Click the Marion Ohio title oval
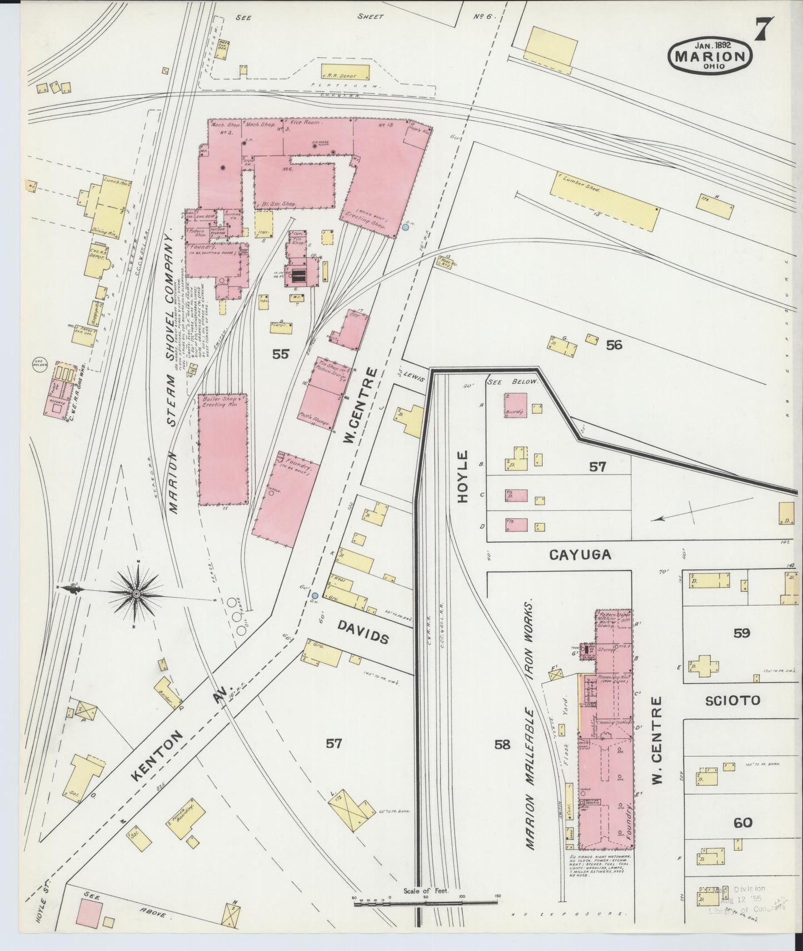pos(710,56)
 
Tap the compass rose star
pos(135,595)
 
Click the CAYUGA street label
pos(580,554)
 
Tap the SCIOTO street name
pos(732,700)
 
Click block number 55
pos(281,354)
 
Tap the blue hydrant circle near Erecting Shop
pos(406,227)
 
